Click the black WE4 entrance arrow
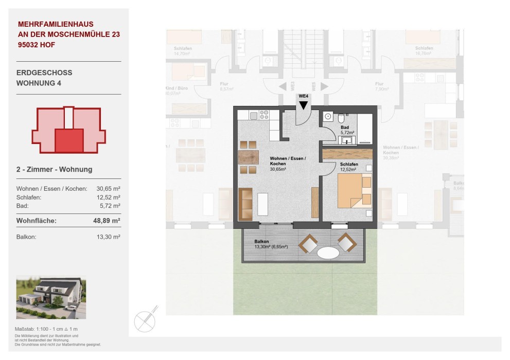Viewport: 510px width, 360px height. click(304, 104)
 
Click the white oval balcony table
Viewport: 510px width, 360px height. click(328, 253)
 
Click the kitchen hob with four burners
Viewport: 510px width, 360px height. click(263, 115)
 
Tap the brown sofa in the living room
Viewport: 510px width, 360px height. click(245, 204)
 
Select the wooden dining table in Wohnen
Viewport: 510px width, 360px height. click(248, 157)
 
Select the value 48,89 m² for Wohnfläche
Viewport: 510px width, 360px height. click(108, 221)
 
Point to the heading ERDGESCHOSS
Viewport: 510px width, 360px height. click(44, 73)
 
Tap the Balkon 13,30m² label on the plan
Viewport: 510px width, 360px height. click(271, 244)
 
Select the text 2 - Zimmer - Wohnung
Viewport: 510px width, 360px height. click(55, 169)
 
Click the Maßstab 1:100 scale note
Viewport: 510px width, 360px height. click(46, 329)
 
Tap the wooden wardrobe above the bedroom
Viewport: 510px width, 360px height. click(347, 154)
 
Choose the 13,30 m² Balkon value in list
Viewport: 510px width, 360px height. click(109, 237)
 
